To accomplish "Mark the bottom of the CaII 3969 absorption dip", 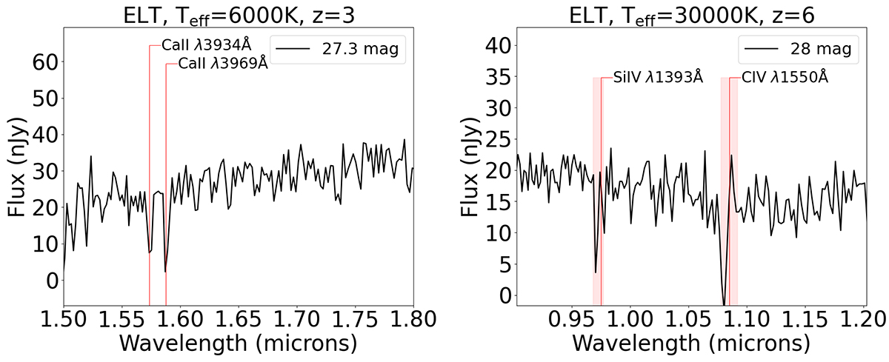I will [165, 272].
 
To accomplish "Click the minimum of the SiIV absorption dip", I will [596, 272].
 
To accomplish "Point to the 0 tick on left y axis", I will [50, 280].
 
